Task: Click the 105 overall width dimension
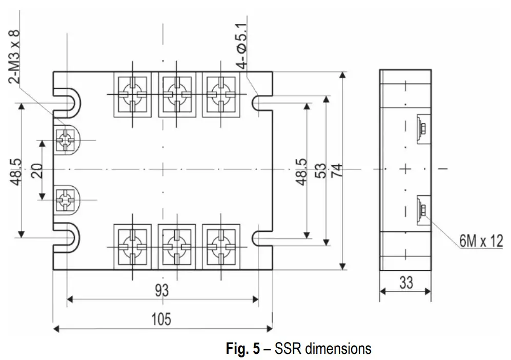[x=161, y=318]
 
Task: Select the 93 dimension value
[x=161, y=291]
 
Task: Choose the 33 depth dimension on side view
[x=406, y=283]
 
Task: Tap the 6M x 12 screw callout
[x=481, y=241]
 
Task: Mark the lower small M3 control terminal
[x=66, y=199]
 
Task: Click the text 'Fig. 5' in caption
[x=243, y=349]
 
